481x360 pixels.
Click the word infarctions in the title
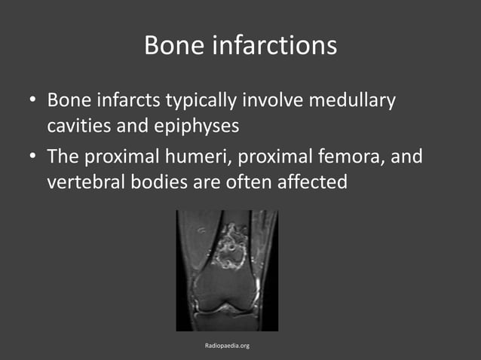[x=274, y=45]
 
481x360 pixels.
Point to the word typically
[x=195, y=100]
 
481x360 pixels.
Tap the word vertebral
[x=84, y=182]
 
